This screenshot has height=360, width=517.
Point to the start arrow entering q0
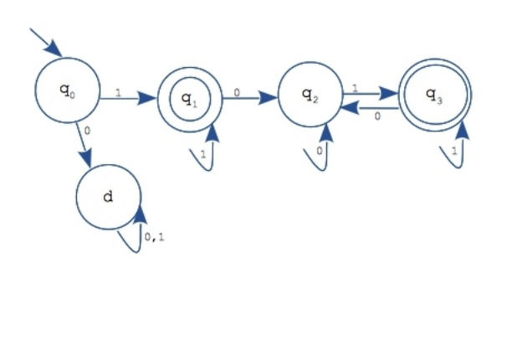coord(46,43)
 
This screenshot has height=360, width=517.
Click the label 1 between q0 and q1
coord(118,93)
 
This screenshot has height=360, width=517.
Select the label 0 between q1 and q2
coord(237,93)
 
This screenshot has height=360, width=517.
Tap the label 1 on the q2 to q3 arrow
coord(355,88)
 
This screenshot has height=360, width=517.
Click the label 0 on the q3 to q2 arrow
coord(377,116)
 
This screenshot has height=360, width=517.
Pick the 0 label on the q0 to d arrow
coord(87,131)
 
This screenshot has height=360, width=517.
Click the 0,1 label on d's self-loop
coord(154,237)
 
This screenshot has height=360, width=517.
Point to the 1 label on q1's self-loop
coord(203,154)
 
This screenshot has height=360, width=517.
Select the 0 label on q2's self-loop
coord(320,151)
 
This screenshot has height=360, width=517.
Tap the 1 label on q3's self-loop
coord(454,152)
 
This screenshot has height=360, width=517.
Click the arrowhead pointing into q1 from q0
coord(146,98)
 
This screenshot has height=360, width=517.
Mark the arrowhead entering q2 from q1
coord(268,98)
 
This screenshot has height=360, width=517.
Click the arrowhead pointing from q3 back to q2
coord(351,108)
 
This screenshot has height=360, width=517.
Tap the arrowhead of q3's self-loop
coord(463,130)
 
